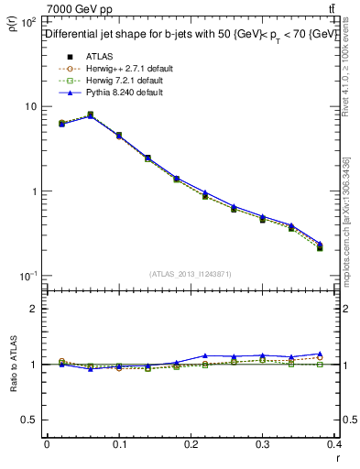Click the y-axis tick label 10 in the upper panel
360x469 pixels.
pos(29,106)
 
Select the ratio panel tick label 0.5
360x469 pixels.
pos(29,420)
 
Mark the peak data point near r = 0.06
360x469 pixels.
pos(90,115)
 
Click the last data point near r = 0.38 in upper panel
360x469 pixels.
pos(321,245)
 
